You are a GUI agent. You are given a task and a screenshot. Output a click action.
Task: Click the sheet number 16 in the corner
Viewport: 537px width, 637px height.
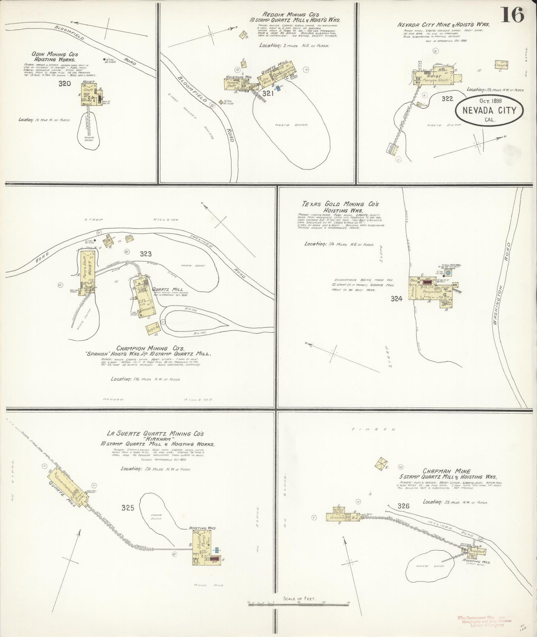(x=513, y=15)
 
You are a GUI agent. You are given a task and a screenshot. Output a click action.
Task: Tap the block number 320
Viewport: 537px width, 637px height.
(x=65, y=84)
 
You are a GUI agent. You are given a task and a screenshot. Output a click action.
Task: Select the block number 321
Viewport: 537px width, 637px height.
(x=268, y=94)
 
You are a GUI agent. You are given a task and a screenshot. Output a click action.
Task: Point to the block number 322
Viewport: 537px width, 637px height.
(x=447, y=99)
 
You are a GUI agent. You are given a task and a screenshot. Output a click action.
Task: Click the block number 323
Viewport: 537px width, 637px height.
(x=146, y=254)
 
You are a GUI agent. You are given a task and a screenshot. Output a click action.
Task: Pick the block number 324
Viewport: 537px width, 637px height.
(x=397, y=298)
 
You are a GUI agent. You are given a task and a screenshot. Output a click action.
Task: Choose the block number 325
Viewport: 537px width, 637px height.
(x=127, y=508)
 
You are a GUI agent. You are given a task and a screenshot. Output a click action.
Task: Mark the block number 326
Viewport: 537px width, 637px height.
(x=403, y=506)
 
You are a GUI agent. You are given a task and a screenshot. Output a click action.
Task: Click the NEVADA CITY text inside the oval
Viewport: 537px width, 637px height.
(x=489, y=110)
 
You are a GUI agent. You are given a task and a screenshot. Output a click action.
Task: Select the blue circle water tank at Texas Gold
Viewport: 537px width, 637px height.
(x=448, y=273)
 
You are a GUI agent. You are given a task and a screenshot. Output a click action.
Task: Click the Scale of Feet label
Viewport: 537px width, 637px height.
(x=299, y=599)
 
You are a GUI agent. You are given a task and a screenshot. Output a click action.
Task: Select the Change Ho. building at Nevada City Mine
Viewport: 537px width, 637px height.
(x=501, y=65)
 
